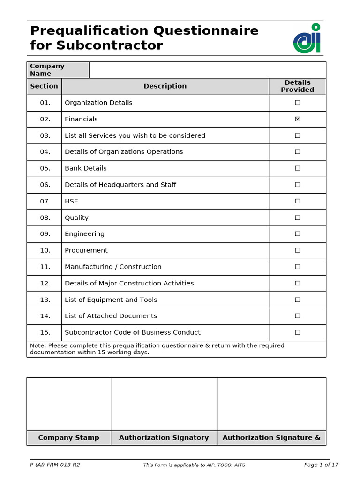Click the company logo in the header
pos(307,38)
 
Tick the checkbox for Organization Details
pos(297,103)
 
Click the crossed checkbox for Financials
pos(297,119)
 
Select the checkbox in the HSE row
pos(297,201)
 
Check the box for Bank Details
pos(297,168)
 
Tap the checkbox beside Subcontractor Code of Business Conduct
pos(297,332)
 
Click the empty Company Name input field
pos(207,70)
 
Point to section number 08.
pos(45,217)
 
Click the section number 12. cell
pos(45,283)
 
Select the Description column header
pos(165,86)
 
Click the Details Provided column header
pos(297,86)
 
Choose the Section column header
pos(44,86)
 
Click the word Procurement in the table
pos(86,250)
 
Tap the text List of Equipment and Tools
pos(111,300)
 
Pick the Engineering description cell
pos(85,234)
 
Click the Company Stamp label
pos(68,438)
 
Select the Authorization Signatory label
pos(164,438)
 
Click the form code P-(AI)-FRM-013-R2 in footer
pos(55,465)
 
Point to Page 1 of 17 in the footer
pos(321,465)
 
